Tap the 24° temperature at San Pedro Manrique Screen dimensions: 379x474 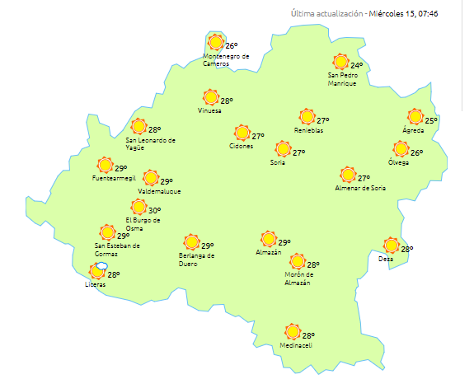[357, 65]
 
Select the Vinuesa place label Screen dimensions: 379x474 [211, 111]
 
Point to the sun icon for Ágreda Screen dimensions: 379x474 [415, 117]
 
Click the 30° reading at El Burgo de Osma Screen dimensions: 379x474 [154, 211]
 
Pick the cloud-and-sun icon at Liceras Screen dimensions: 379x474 [98, 270]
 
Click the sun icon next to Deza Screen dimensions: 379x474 [391, 245]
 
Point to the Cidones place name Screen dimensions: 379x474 [241, 146]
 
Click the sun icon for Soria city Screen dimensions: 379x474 [283, 149]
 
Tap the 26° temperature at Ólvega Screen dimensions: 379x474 [417, 152]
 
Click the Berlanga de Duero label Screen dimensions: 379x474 [197, 260]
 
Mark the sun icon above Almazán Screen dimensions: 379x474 [268, 239]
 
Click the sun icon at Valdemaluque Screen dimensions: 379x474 [150, 178]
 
